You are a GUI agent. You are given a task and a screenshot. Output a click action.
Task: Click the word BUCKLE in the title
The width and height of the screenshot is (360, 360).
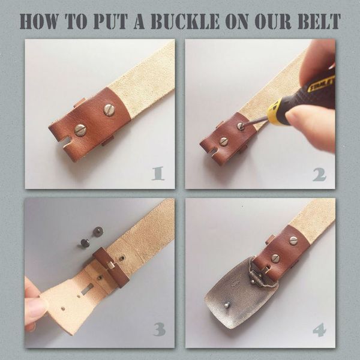(x=185, y=22)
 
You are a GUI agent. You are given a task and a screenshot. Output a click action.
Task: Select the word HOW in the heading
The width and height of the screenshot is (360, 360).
(x=39, y=22)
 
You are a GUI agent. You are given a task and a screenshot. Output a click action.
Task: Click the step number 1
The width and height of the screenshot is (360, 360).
(x=158, y=173)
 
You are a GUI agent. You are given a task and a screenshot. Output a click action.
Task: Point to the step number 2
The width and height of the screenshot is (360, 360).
(x=319, y=175)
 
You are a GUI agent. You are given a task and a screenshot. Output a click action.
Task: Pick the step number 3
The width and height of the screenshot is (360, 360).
(x=158, y=329)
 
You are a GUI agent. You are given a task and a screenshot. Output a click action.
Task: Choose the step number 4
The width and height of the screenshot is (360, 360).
(x=319, y=330)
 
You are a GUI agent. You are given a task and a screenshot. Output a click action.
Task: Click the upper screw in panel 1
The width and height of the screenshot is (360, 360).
(x=109, y=110)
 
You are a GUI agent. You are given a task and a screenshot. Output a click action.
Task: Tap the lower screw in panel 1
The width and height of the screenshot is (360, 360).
(x=80, y=130)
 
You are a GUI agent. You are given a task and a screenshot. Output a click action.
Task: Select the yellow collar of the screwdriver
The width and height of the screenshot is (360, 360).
(x=276, y=112)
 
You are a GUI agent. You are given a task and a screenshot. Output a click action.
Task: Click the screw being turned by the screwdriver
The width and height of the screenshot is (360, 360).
(x=241, y=126)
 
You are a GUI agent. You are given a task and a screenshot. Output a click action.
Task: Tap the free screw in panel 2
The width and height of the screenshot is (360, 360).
(x=224, y=142)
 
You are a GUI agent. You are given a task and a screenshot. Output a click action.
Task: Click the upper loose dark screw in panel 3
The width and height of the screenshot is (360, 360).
(x=98, y=231)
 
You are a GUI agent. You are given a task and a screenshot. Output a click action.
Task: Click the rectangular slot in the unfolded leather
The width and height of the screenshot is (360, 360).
(x=88, y=289)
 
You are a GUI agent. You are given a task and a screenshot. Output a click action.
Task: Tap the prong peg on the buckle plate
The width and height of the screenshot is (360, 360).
(x=226, y=304)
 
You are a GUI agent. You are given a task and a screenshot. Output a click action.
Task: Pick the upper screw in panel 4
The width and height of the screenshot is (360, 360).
(x=293, y=241)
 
